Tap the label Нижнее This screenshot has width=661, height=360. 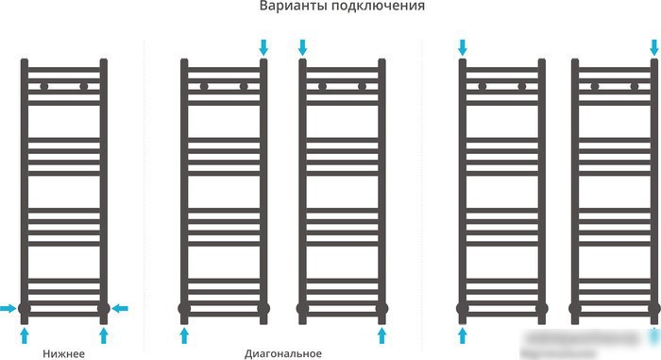[x=64, y=353]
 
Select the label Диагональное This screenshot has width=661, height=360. [x=283, y=353]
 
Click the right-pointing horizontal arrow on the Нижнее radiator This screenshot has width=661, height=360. [x=8, y=308]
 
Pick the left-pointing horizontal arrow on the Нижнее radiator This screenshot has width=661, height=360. [x=120, y=308]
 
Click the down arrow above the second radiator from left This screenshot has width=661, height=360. [x=263, y=46]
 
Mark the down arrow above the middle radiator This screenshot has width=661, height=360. [x=303, y=46]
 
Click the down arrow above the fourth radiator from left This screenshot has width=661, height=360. [x=463, y=46]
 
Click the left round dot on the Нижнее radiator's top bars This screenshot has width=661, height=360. [x=43, y=87]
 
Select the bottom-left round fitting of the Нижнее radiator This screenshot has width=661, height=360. [x=25, y=308]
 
